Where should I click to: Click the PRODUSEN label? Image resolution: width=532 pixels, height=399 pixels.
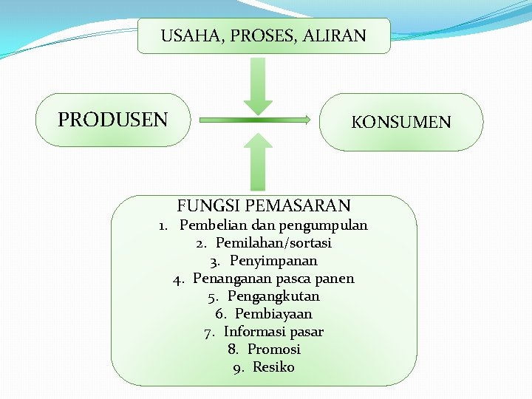pos(113,120)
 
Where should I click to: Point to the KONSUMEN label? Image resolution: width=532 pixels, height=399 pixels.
pos(401,122)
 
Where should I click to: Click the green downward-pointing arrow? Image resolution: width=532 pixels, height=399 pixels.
pos(258,86)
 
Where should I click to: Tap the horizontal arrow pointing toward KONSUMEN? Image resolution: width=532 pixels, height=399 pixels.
pos(255,119)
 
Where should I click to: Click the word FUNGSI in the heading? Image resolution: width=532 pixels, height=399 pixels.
pos(208,205)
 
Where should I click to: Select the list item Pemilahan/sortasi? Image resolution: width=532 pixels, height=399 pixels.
pos(273,243)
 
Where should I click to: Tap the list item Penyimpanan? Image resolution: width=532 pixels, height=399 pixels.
pos(273,261)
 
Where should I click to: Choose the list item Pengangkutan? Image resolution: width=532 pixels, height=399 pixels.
pos(273,296)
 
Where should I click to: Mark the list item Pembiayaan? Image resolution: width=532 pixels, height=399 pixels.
pos(273,314)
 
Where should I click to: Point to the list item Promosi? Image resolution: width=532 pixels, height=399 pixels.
pos(273,349)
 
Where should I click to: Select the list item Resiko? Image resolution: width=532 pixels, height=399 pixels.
pos(273,367)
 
